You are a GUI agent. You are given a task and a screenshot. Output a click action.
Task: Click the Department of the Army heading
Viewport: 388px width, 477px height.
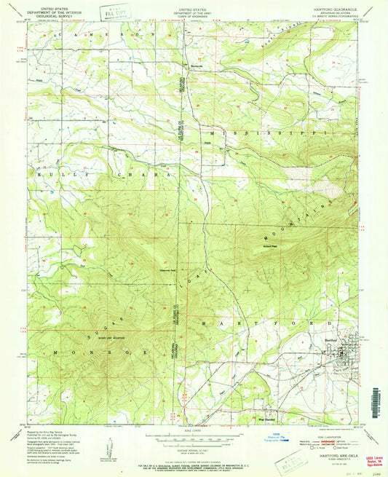pos(194,9)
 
